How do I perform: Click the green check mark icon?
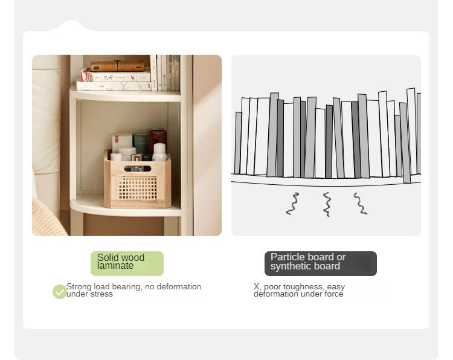pyautogui.click(x=60, y=292)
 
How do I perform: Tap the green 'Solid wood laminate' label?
pyautogui.click(x=127, y=263)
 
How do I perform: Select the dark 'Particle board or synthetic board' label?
pyautogui.click(x=320, y=263)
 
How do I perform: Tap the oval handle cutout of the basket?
pyautogui.click(x=138, y=169)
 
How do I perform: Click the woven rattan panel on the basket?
pyautogui.click(x=138, y=188)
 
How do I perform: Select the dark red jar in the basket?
pyautogui.click(x=157, y=140)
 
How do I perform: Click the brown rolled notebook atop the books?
pyautogui.click(x=117, y=66)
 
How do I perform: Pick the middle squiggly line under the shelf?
pyautogui.click(x=327, y=204)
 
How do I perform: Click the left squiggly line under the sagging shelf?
pyautogui.click(x=292, y=204)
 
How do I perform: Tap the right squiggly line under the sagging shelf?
pyautogui.click(x=360, y=204)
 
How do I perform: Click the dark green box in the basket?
pyautogui.click(x=141, y=144)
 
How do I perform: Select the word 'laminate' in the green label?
pyautogui.click(x=115, y=266)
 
